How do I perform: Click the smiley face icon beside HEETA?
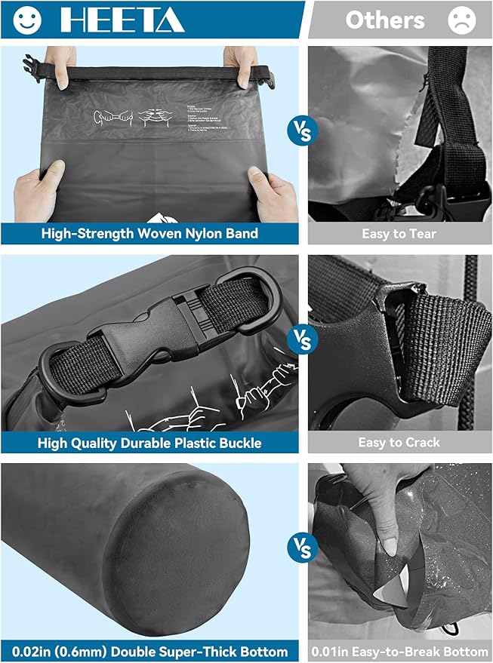28,20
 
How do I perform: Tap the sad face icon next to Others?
461,20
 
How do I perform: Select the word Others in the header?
384,20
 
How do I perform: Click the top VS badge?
302,130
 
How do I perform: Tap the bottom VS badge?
302,548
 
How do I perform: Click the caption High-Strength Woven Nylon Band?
149,233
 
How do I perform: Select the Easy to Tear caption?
399,233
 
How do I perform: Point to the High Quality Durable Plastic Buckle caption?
149,442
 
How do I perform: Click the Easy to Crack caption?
399,442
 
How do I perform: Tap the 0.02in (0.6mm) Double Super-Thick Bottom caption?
149,651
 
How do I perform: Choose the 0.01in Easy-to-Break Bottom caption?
399,651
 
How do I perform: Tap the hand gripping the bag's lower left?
38,192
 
